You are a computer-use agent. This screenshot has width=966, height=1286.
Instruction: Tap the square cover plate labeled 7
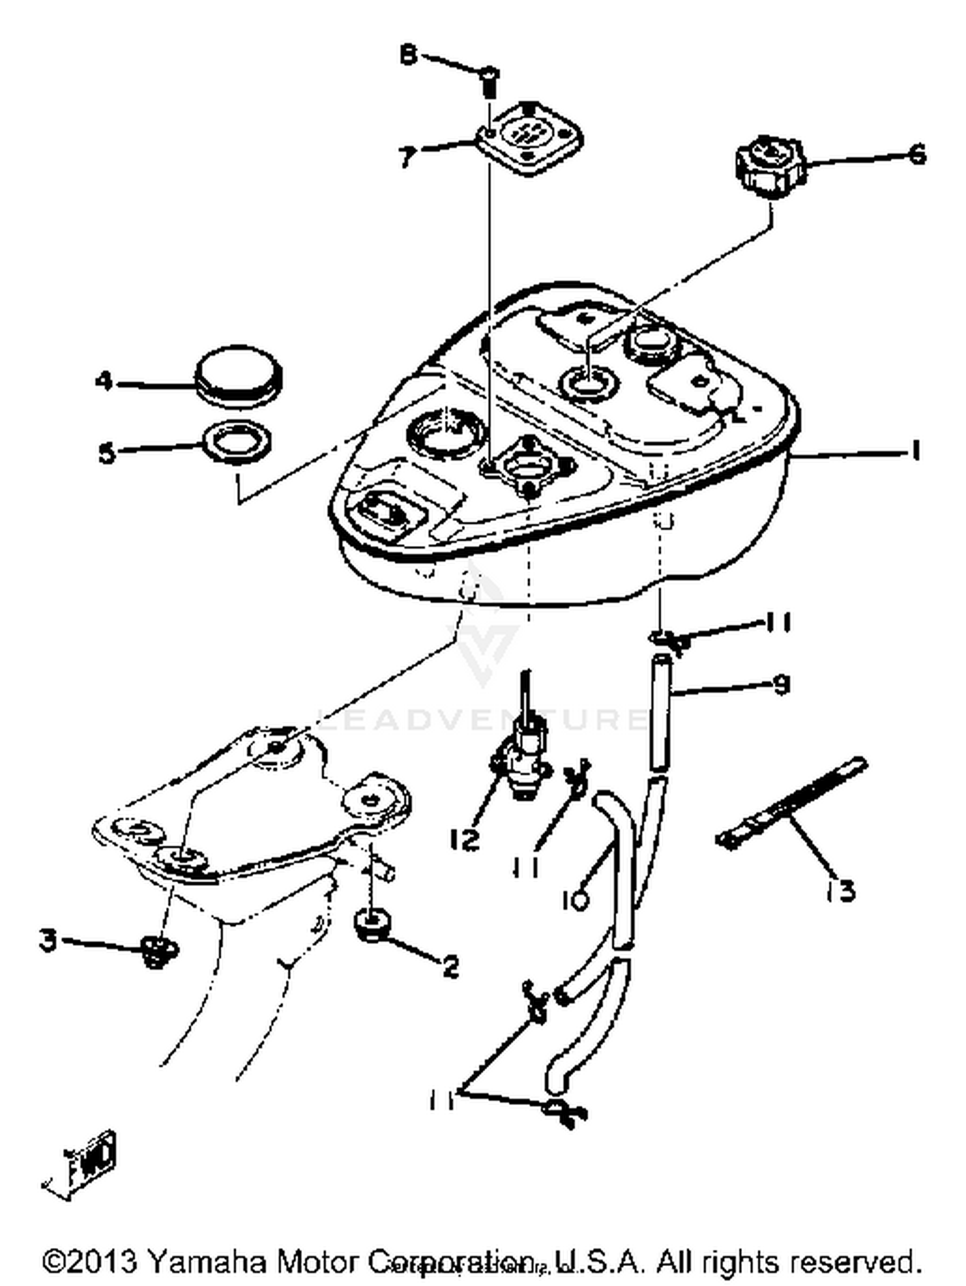pos(530,137)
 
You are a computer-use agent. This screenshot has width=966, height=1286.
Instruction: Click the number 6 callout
pos(915,155)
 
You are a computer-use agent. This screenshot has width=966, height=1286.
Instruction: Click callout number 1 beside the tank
pos(914,451)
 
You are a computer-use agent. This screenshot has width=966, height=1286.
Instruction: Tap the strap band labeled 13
pos(792,802)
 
